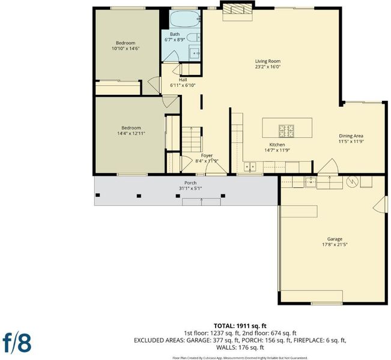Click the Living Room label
(267, 61)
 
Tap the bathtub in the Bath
(185, 19)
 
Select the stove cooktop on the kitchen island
(286, 131)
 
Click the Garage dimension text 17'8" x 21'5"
(335, 244)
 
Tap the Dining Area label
(351, 136)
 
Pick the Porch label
(190, 183)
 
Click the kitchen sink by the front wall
(250, 166)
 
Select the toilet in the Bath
(193, 37)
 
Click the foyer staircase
(191, 139)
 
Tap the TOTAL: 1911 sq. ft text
(240, 326)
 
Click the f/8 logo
(17, 343)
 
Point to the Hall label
(183, 80)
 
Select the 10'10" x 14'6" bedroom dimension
(126, 49)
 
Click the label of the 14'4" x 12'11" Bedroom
(131, 128)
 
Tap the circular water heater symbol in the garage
(352, 182)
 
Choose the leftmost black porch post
(98, 195)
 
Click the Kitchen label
(277, 145)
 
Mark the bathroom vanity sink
(195, 53)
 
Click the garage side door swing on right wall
(381, 204)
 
